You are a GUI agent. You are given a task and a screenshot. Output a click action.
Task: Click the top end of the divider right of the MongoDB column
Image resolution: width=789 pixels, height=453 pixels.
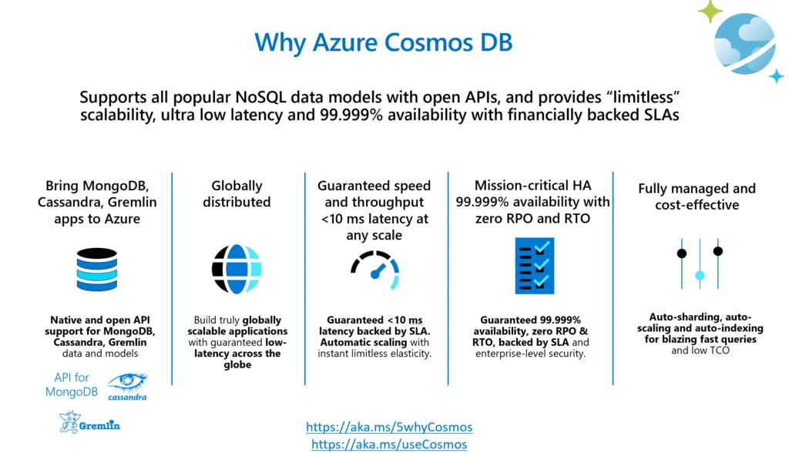172,173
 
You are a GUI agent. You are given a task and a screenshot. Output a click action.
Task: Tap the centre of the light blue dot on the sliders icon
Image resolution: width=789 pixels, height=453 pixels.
700,275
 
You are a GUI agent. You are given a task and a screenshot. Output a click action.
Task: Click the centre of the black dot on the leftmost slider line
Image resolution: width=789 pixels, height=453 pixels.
682,253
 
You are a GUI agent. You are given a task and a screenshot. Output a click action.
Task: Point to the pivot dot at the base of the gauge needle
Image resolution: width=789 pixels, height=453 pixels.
375,275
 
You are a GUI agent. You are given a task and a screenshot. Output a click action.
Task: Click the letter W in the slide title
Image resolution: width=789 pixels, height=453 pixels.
267,42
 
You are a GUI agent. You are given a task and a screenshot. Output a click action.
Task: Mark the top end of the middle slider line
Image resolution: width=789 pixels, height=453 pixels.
700,239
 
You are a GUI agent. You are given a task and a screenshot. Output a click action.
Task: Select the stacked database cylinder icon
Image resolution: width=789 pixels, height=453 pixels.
97,270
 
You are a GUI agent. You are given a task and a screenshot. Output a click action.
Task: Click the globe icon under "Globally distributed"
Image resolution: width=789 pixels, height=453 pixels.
237,269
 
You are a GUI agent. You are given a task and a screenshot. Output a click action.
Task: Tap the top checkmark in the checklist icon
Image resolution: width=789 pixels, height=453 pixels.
542,247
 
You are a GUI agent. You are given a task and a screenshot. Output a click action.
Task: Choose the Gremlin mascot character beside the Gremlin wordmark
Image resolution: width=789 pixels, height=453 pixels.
69,421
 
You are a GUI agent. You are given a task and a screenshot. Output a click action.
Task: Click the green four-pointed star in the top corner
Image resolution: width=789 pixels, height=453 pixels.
710,11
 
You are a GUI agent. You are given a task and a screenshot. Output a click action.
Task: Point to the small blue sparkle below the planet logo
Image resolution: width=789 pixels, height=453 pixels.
777,76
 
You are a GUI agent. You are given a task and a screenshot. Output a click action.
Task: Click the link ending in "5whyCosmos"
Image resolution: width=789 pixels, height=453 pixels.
389,427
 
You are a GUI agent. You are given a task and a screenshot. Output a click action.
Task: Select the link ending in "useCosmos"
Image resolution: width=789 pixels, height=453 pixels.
389,444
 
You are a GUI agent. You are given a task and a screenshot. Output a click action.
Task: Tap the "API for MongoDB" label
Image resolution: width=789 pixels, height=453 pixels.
72,384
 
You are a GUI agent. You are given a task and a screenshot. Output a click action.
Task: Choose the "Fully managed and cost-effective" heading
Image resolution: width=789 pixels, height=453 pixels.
697,196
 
